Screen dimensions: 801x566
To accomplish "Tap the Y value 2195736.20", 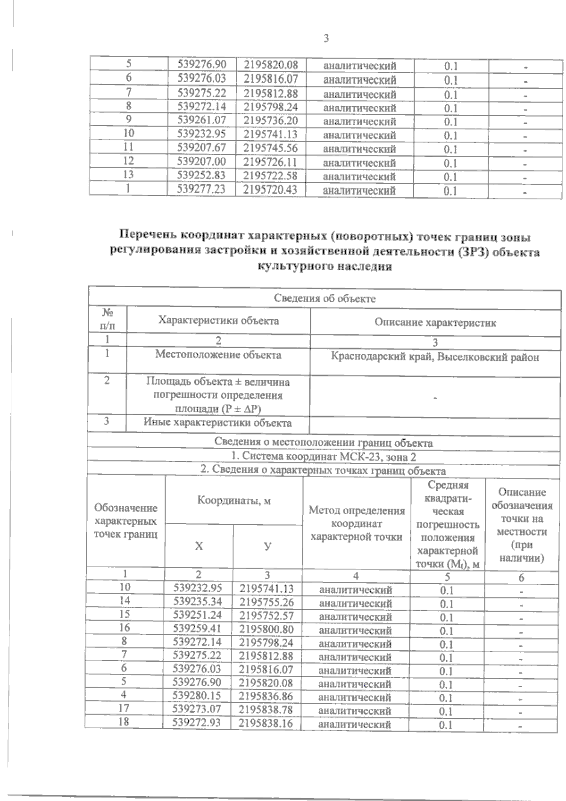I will point(271,120).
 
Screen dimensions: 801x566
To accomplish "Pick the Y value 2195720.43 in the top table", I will point(271,189).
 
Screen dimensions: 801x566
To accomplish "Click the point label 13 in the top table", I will point(128,175).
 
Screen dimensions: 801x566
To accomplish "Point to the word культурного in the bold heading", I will point(295,266).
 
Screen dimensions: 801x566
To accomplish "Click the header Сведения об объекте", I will point(325,298).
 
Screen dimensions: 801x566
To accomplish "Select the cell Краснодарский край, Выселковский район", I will point(435,358).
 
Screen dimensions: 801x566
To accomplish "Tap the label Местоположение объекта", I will point(218,355).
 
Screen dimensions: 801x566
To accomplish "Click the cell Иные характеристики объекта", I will point(217,423).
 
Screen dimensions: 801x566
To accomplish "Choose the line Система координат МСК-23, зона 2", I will point(324,457).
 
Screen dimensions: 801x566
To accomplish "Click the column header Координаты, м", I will point(234,500).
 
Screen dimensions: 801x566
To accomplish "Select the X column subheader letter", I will point(199,546).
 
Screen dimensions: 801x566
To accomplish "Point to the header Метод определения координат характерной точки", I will point(357,523).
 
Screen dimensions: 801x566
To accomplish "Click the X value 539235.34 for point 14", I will point(197,602).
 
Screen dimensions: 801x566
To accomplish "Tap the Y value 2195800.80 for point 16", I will point(266,629).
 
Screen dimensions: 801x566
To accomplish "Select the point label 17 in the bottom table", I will point(125,708).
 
